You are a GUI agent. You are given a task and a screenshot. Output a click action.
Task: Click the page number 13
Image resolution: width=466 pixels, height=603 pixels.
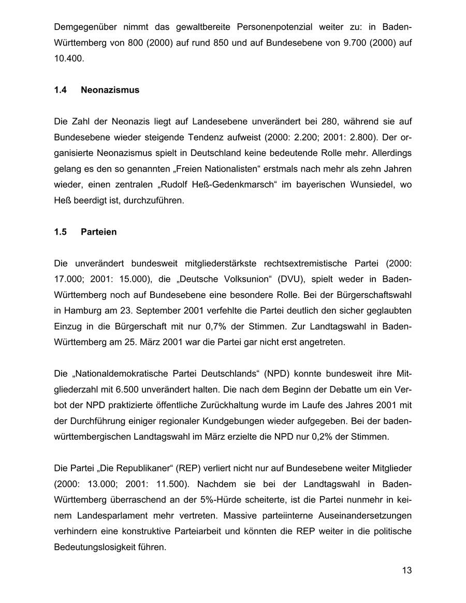406,570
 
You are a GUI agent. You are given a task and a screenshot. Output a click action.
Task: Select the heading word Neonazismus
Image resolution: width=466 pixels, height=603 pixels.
110,90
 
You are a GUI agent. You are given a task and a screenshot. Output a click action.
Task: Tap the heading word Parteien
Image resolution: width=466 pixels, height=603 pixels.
98,232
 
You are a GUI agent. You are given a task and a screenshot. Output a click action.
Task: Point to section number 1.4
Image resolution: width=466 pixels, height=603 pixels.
60,90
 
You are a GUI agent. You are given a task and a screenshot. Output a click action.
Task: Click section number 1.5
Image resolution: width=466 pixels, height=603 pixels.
60,232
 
